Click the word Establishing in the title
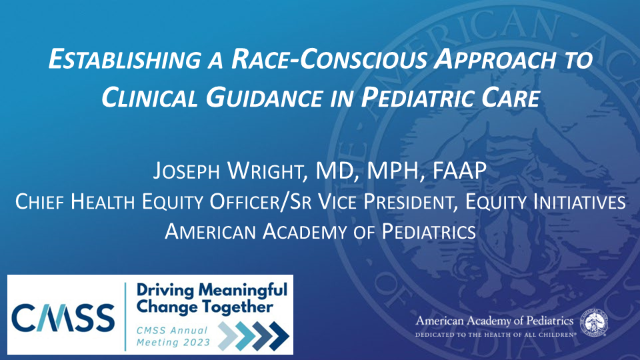pyautogui.click(x=125, y=59)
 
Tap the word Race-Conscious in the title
pyautogui.click(x=329, y=59)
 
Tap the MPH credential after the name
pyautogui.click(x=393, y=171)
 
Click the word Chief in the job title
pyautogui.click(x=40, y=201)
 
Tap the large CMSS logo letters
pyautogui.click(x=63, y=317)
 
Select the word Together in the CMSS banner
pyautogui.click(x=238, y=307)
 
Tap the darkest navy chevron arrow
pyautogui.click(x=279, y=336)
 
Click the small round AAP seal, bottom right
pyautogui.click(x=594, y=323)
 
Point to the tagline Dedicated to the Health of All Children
pyautogui.click(x=495, y=335)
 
